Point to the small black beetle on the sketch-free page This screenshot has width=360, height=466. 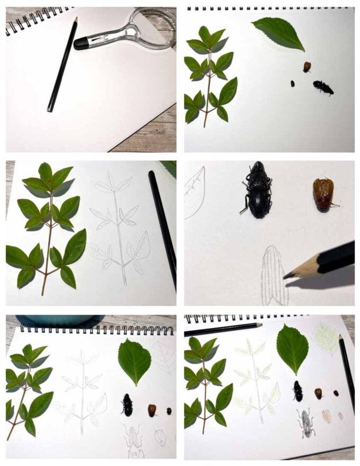click(322, 87)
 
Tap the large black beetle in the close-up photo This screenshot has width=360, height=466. click(258, 190)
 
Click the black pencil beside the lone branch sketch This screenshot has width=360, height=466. click(163, 228)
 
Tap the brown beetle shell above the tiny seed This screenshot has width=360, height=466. click(307, 66)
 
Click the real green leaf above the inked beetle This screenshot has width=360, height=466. click(292, 348)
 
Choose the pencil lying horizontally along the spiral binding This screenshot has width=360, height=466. click(222, 328)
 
